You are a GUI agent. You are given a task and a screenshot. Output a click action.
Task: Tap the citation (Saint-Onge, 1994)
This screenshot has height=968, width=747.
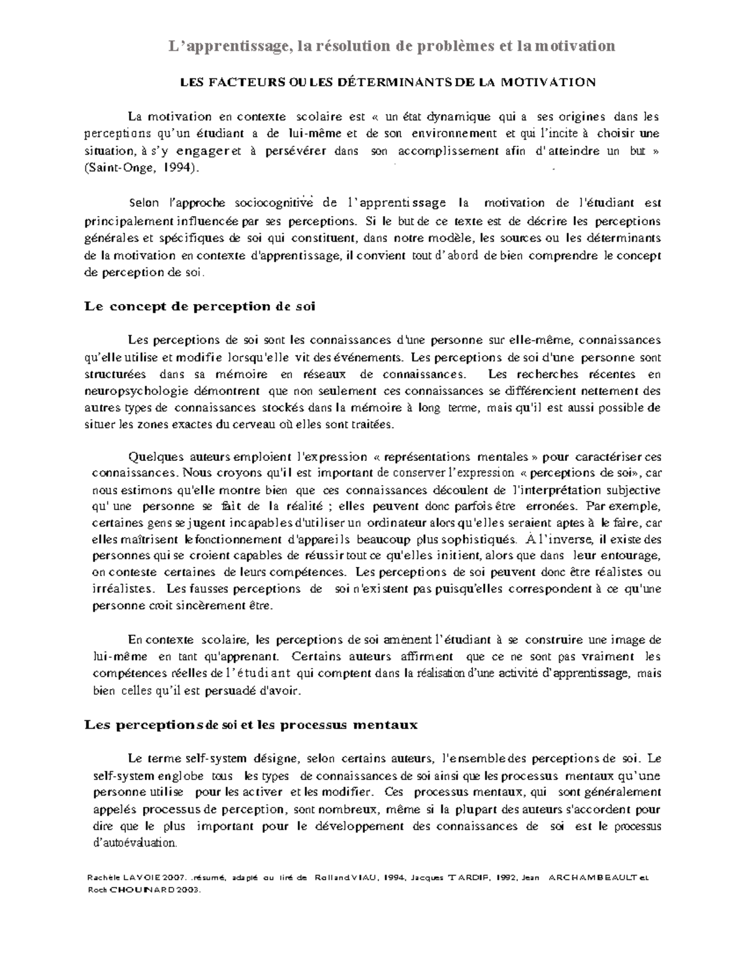(x=143, y=168)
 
